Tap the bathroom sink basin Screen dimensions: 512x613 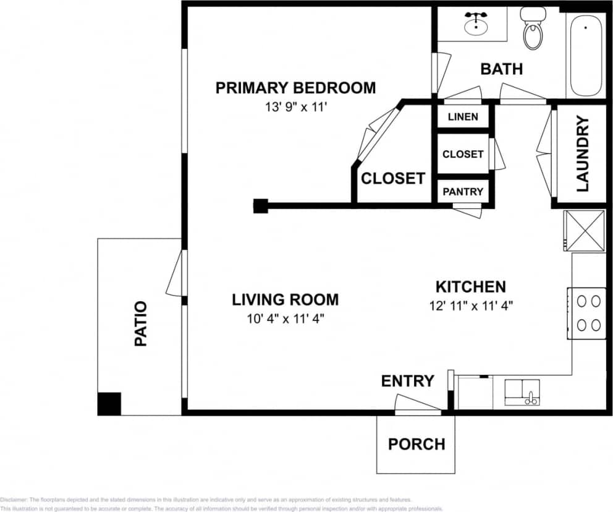pos(475,24)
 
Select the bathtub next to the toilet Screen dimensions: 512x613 pos(585,56)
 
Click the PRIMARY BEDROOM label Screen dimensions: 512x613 pos(295,88)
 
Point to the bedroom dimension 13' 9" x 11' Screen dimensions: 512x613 pos(295,106)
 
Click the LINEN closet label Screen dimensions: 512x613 pos(462,116)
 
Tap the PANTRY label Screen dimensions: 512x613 pos(463,192)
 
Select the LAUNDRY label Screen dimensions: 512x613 pos(583,154)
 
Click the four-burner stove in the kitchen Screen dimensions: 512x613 pos(588,313)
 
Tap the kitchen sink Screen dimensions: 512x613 pos(522,392)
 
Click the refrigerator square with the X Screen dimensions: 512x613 pos(584,230)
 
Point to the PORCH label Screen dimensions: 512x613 pos(416,444)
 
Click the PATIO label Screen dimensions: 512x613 pos(141,323)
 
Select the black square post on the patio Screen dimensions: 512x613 pos(109,404)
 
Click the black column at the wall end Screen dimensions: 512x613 pos(260,206)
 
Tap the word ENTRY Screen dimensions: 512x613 pos(407,381)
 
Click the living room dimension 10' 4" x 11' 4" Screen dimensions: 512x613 pos(285,318)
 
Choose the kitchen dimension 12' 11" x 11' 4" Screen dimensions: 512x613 pos(471,305)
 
